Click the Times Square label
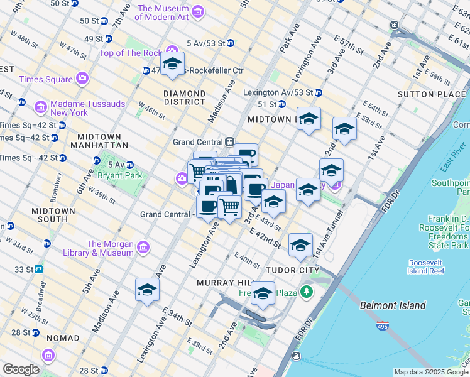click(x=46, y=79)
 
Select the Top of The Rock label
click(x=129, y=53)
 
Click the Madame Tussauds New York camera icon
click(x=40, y=107)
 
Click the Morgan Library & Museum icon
click(x=143, y=248)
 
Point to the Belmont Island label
click(x=393, y=306)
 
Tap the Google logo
click(x=21, y=369)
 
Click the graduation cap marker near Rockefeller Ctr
click(x=172, y=64)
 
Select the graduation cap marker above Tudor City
click(x=300, y=245)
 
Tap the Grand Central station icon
click(x=230, y=142)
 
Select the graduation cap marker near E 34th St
click(x=147, y=290)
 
